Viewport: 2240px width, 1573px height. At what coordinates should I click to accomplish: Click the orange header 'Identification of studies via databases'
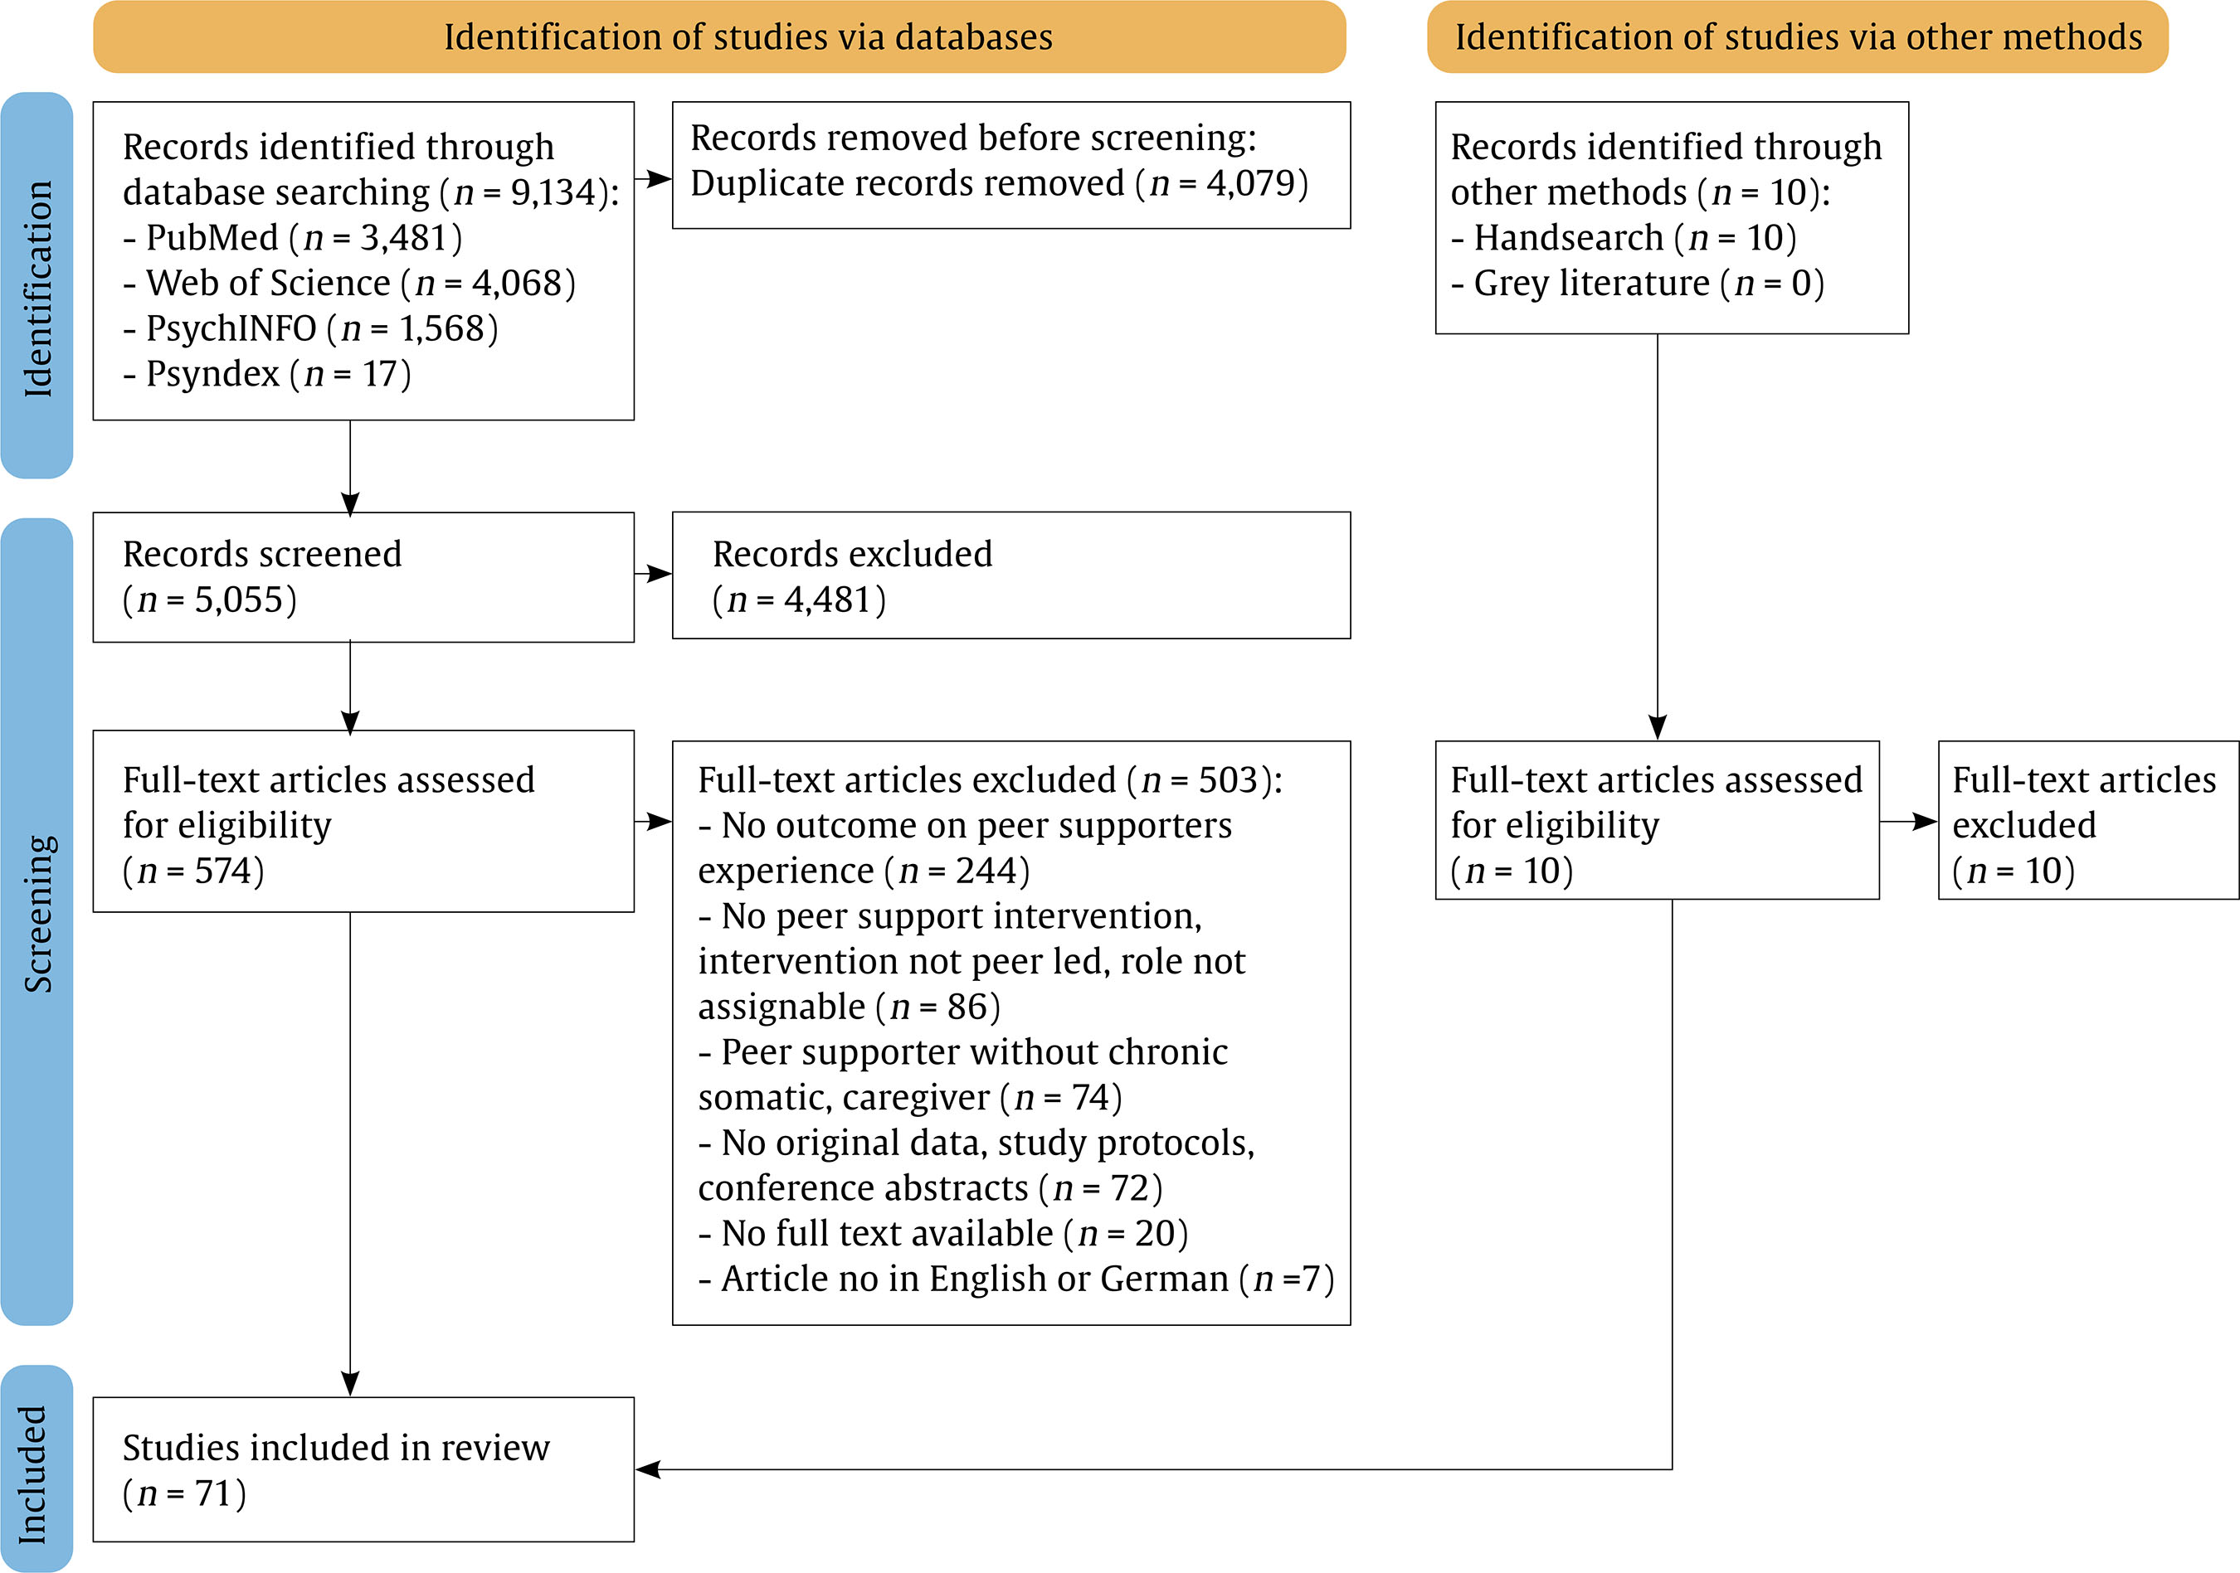720,37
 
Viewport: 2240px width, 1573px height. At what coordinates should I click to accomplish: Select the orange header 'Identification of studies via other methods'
1798,37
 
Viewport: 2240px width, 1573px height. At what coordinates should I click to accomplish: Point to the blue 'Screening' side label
37,920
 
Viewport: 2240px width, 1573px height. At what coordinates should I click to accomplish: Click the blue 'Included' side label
37,1468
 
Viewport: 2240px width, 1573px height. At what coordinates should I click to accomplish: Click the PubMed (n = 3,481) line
293,237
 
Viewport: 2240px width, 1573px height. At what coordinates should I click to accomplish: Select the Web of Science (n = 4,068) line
349,283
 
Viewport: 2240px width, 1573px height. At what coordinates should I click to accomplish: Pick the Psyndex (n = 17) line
267,373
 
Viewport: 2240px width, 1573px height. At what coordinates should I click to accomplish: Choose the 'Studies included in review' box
363,1469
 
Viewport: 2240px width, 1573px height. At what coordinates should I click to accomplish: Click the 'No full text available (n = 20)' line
943,1234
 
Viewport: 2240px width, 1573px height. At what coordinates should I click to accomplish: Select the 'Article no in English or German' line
1016,1279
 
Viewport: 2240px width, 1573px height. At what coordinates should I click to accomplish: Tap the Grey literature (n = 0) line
1637,283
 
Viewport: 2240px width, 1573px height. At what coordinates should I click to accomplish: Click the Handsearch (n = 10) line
1624,237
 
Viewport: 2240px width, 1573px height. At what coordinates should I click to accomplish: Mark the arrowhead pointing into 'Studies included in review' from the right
648,1469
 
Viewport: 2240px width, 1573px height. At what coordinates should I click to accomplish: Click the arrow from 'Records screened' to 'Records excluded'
654,574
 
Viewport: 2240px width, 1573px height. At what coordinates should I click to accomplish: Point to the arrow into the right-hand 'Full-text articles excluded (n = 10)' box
1908,822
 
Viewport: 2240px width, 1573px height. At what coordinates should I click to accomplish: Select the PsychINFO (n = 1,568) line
310,328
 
